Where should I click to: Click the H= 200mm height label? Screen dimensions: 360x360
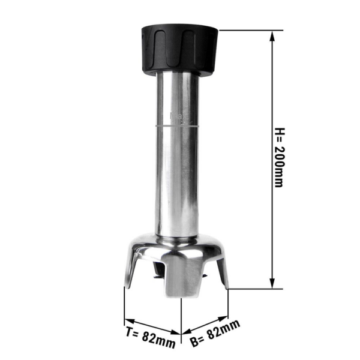[x=280, y=157]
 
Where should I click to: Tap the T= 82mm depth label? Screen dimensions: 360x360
[x=151, y=337]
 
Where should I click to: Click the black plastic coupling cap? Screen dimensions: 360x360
[x=179, y=50]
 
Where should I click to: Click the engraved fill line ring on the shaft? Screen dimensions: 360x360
[x=177, y=126]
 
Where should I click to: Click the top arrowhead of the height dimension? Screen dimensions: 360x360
[x=272, y=36]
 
